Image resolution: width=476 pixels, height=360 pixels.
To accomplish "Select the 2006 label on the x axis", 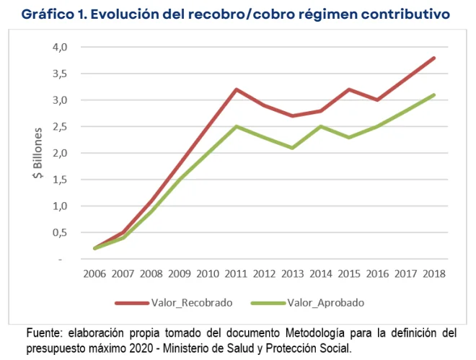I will (94, 273).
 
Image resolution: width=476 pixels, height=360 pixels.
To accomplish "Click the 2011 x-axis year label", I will (236, 273).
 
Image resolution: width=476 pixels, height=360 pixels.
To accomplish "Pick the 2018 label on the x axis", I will (433, 273).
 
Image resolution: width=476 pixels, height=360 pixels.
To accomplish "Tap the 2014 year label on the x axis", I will (320, 273).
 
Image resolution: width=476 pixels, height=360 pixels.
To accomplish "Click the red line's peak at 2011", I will (236, 89).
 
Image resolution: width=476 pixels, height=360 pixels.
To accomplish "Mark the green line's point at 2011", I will (236, 126).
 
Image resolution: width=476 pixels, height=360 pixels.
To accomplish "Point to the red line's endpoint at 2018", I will (433, 58).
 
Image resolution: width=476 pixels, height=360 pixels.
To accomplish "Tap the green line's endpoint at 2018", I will (433, 95).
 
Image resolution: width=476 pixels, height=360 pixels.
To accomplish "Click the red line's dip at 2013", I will (292, 115).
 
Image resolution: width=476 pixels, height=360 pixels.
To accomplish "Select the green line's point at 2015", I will (349, 137).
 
